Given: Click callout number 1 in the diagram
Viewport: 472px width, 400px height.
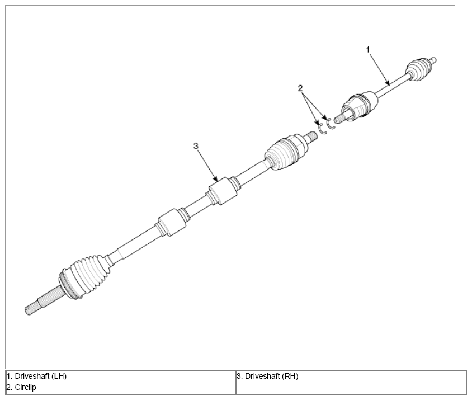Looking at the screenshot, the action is click(x=367, y=49).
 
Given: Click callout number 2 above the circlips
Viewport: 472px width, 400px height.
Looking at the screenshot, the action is click(x=300, y=88).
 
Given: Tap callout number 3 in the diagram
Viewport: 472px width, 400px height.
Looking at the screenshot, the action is click(x=196, y=146).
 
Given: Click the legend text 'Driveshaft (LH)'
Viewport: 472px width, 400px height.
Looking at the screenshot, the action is click(x=41, y=376).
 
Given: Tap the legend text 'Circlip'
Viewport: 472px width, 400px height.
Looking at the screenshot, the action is click(x=25, y=387).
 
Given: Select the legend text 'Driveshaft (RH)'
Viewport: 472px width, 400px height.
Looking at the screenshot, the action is click(x=272, y=376).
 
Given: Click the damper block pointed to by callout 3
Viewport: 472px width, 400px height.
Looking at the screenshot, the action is click(x=223, y=191).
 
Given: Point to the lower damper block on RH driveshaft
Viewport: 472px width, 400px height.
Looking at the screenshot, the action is click(x=172, y=222).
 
